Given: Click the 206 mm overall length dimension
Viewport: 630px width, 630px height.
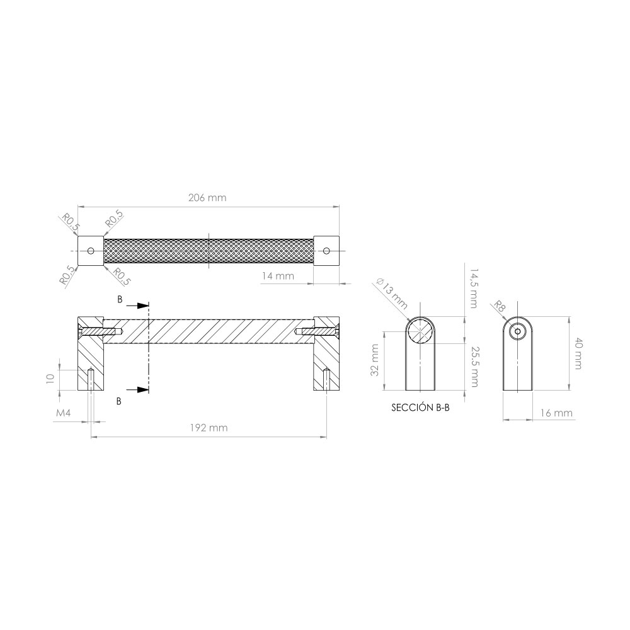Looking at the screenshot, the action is (207, 198).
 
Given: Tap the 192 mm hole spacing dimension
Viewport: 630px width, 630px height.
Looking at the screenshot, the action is (209, 428).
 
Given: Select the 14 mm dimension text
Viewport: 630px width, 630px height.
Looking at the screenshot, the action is (278, 276).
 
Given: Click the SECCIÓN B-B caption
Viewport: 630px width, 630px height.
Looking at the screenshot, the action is (420, 408).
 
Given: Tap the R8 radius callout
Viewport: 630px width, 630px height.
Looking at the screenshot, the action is (498, 307).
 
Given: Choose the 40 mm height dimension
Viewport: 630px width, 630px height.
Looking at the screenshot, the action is (578, 354).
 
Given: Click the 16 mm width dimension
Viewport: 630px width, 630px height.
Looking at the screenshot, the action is (556, 413).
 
